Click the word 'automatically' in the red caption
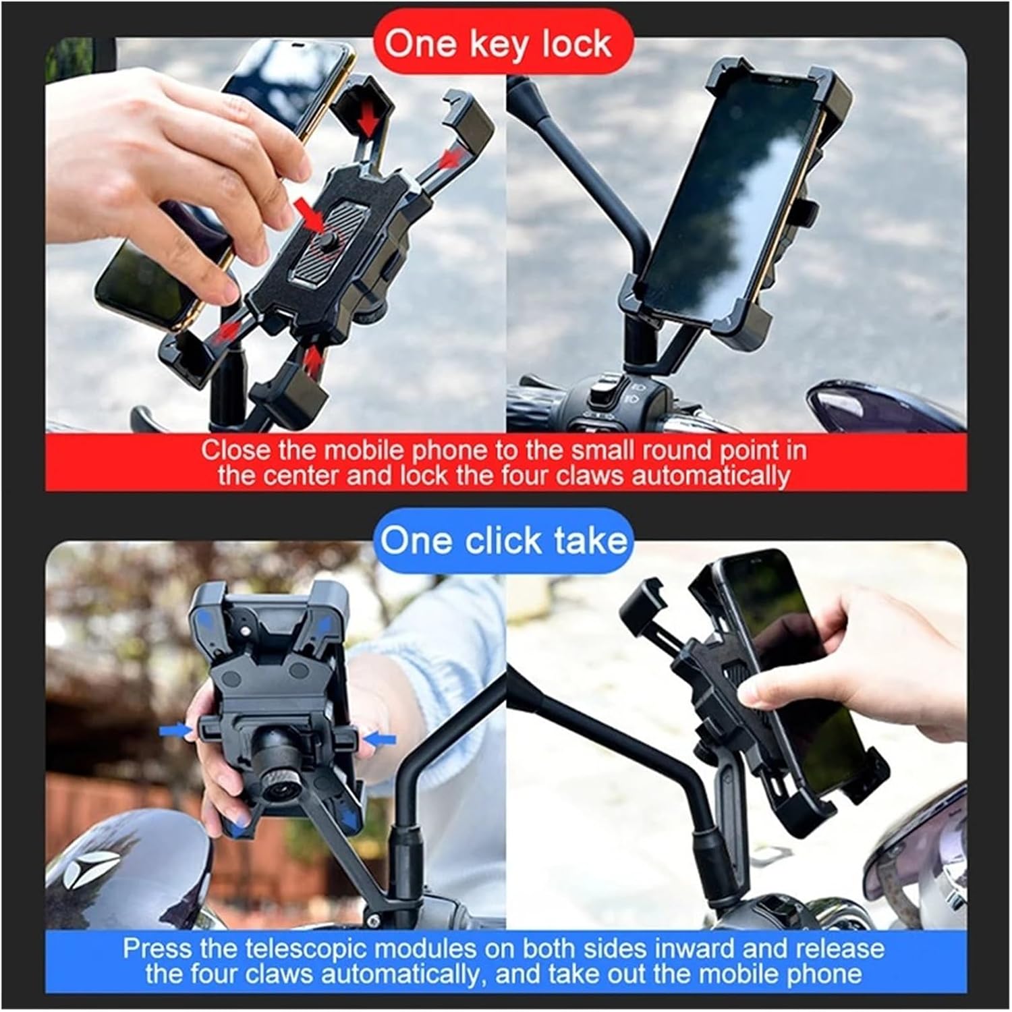[x=710, y=476]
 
